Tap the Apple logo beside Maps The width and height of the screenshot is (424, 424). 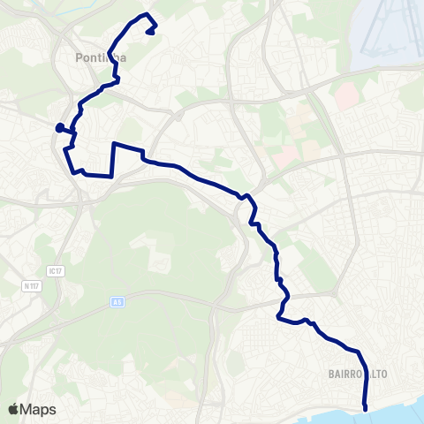pyautogui.click(x=13, y=410)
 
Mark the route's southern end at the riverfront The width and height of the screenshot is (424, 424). pyautogui.click(x=366, y=407)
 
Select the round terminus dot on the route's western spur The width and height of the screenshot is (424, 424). pyautogui.click(x=59, y=128)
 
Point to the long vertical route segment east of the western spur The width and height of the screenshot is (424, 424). pyautogui.click(x=112, y=159)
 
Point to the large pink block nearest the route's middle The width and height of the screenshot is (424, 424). pyautogui.click(x=284, y=157)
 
